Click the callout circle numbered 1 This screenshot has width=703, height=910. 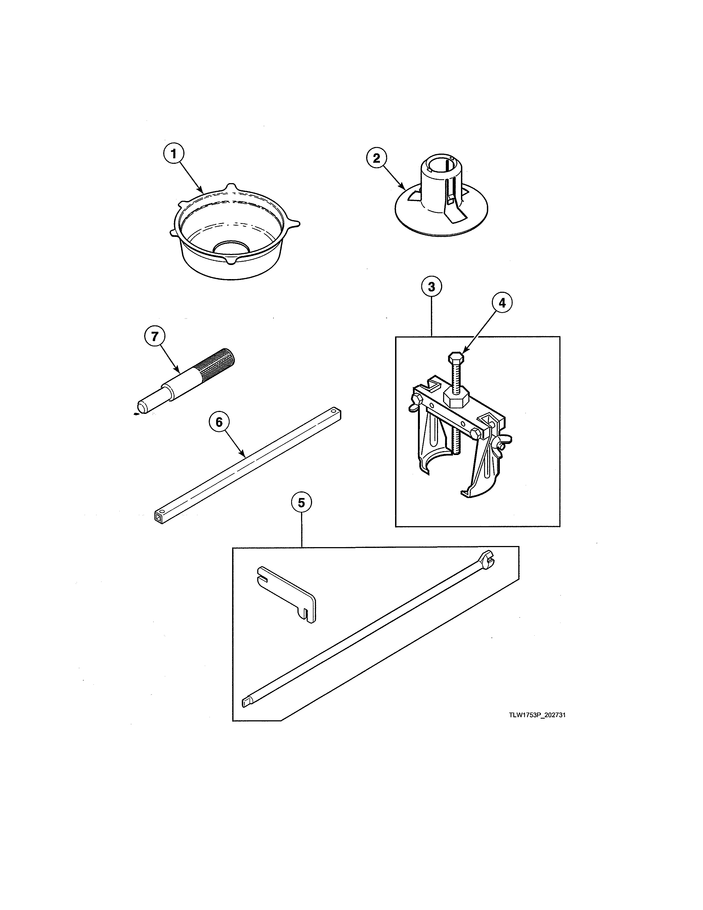pyautogui.click(x=173, y=154)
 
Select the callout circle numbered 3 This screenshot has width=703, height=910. pyautogui.click(x=431, y=287)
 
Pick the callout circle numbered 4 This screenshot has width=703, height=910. pyautogui.click(x=502, y=303)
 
